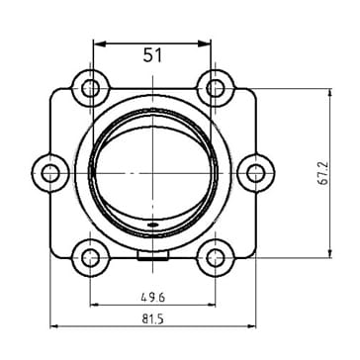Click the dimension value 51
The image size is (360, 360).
(153, 55)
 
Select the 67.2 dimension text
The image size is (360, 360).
(324, 173)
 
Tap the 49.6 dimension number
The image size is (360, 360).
(153, 298)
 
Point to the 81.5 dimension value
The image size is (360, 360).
(153, 319)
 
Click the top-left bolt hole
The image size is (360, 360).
(90, 89)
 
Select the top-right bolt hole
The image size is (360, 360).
(215, 89)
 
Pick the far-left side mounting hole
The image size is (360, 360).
(50, 173)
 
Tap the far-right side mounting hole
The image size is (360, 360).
(256, 173)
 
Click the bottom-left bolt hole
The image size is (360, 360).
(90, 258)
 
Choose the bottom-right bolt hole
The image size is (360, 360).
(215, 258)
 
